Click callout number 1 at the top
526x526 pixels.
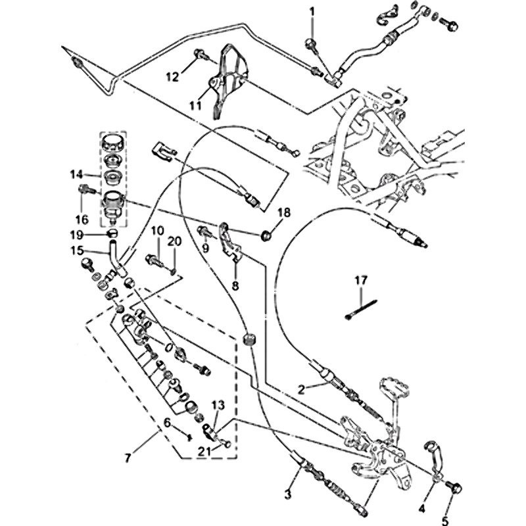point(312,11)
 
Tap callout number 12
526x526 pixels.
point(172,77)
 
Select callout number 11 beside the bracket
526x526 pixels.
point(196,104)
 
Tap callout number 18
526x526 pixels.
point(283,212)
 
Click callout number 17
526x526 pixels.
point(360,280)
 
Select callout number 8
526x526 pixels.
point(235,285)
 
